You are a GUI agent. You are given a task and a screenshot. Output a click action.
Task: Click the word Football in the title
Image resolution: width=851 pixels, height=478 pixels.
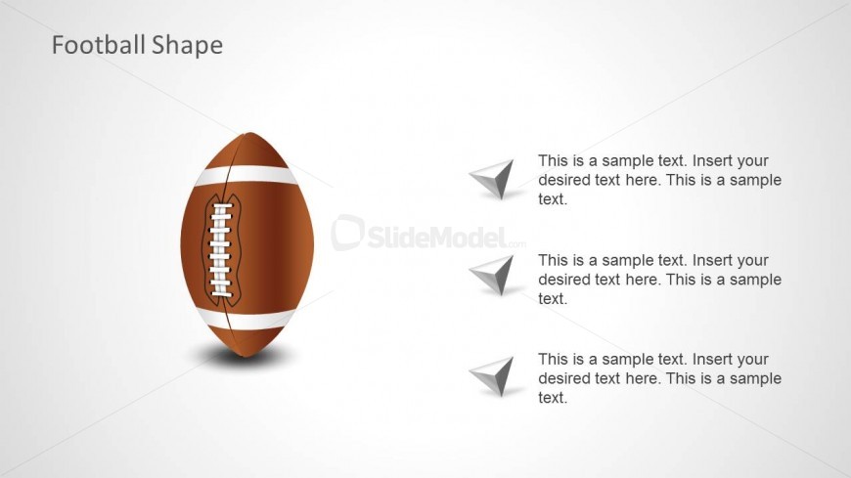coord(99,45)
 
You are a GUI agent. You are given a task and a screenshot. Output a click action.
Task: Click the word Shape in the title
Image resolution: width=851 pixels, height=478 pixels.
coord(187,46)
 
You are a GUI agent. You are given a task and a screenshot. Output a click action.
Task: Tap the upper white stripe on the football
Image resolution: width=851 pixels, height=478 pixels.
coord(246,175)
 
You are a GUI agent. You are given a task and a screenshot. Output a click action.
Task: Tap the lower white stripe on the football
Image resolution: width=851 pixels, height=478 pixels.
coord(246,319)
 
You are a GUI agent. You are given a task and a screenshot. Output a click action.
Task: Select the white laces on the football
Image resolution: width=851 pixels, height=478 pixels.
coord(220,250)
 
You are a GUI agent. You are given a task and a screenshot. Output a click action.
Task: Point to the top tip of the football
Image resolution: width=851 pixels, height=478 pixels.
coord(248,132)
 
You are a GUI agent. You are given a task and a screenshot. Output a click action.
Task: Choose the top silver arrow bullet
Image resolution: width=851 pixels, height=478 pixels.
coord(494,179)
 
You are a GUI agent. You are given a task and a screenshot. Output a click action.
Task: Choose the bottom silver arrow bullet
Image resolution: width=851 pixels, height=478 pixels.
coord(494,376)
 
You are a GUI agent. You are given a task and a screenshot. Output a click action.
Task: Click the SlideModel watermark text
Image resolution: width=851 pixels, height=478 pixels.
coord(438,237)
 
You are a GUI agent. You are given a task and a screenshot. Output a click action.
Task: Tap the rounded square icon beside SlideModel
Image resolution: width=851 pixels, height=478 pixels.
coord(347,233)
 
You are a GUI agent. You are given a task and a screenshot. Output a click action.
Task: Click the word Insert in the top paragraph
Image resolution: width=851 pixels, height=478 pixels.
coord(710,160)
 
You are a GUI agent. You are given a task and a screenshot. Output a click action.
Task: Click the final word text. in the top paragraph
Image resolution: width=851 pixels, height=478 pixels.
coord(553,199)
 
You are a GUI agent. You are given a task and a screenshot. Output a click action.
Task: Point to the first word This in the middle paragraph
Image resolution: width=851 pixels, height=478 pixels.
coord(553,260)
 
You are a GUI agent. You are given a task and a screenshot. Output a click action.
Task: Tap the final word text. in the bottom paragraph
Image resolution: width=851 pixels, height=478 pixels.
coord(553,398)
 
